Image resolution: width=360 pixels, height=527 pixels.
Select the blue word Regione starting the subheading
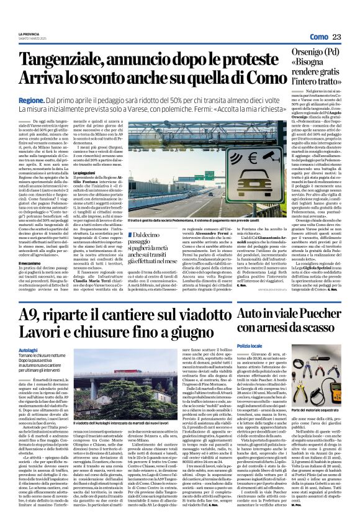point(31,99)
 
